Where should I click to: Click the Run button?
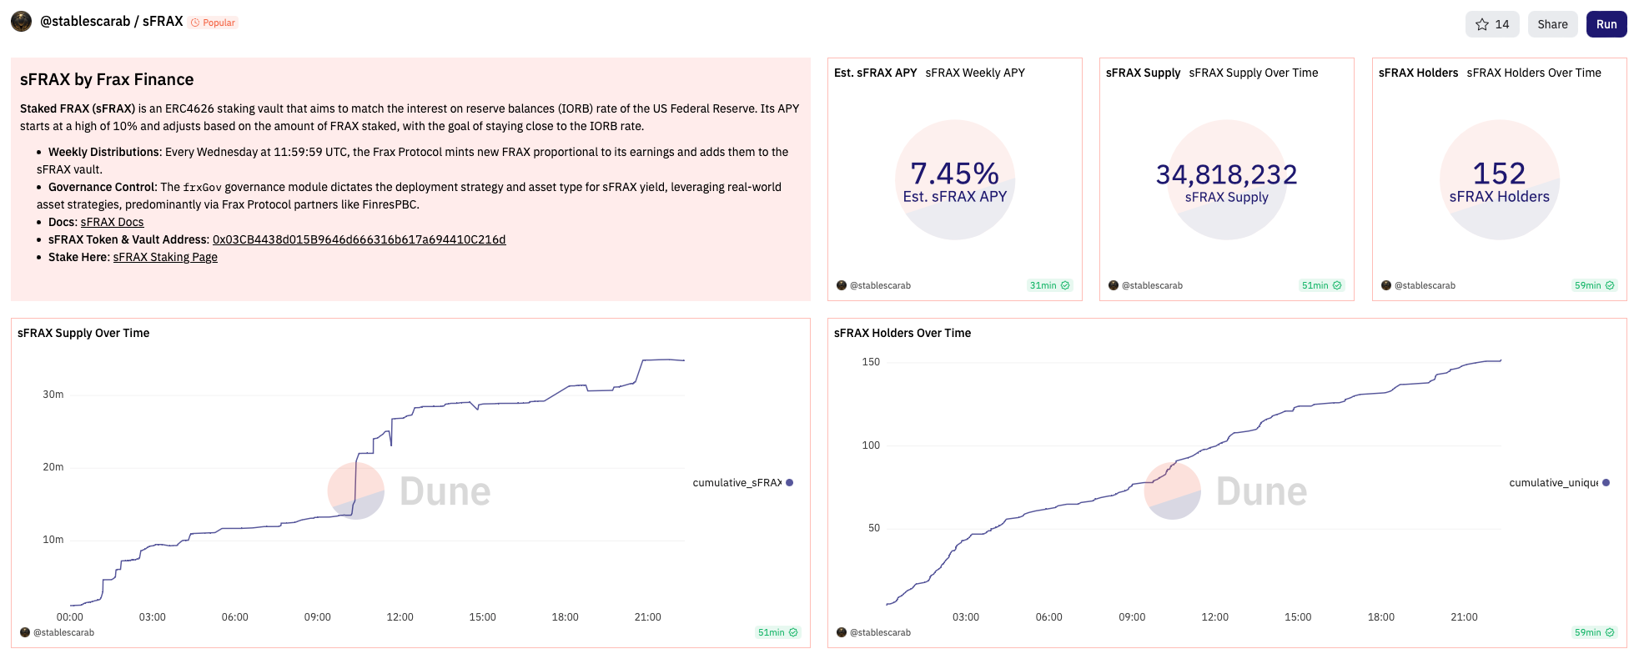coord(1606,24)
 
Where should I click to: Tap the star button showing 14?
coord(1491,24)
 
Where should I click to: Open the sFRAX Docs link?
coord(112,222)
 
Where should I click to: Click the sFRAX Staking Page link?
coord(165,257)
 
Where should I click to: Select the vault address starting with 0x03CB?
coord(359,239)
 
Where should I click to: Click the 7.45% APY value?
coord(954,174)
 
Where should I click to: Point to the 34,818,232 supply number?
coord(1226,174)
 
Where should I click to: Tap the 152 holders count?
coord(1499,174)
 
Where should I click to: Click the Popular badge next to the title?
coord(214,23)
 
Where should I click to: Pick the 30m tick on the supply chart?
coord(53,395)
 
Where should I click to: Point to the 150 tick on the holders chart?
coord(871,362)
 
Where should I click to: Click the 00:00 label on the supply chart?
coord(70,617)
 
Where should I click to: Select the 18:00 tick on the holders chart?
coord(1380,617)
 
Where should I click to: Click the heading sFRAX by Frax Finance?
coord(107,80)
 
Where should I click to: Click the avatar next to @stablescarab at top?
coord(21,22)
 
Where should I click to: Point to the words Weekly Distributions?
coord(104,152)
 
